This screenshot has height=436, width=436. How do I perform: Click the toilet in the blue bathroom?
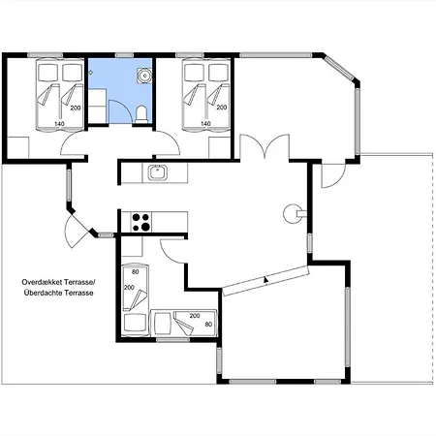click(141, 114)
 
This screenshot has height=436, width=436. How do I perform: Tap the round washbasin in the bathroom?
click(144, 76)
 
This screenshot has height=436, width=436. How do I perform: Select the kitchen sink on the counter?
click(158, 172)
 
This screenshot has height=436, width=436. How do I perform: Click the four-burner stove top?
click(141, 222)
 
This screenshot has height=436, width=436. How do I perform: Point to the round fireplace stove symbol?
click(292, 213)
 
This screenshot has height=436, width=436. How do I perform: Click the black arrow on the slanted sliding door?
click(265, 280)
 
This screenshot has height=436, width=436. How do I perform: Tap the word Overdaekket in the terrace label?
click(42, 282)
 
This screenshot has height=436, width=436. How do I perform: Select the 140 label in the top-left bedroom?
click(59, 124)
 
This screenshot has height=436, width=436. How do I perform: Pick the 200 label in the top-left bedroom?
click(76, 108)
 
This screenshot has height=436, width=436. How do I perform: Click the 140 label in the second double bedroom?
click(205, 123)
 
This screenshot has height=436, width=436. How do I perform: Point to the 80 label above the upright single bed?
click(135, 272)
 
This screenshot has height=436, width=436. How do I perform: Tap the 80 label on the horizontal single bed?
click(208, 324)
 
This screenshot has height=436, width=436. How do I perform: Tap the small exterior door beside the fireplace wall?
click(333, 176)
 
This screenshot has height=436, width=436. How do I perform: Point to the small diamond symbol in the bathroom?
click(91, 73)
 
